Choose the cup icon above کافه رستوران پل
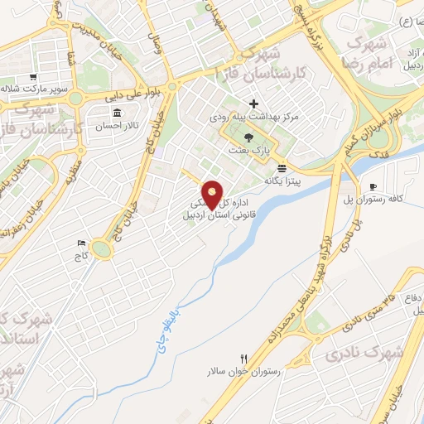coord(373,186)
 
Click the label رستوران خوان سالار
coord(244,372)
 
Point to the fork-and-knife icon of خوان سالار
coord(243,360)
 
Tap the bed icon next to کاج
coord(80,243)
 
